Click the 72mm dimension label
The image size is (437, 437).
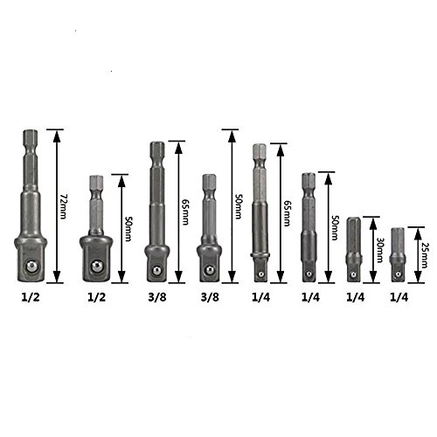(64, 206)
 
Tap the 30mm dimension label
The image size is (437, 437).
(379, 250)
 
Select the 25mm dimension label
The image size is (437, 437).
(424, 255)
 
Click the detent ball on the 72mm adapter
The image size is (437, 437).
(31, 267)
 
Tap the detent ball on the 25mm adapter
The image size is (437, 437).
(398, 274)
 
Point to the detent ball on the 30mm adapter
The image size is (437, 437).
(353, 274)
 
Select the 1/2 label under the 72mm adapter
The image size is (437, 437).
(31, 297)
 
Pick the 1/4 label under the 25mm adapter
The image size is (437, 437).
(399, 297)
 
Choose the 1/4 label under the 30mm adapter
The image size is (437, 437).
(356, 297)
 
